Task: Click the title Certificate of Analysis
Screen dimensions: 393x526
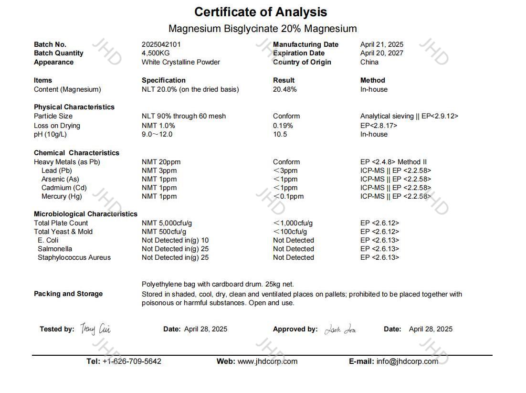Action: (x=261, y=12)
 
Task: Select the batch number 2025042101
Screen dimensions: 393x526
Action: (x=161, y=44)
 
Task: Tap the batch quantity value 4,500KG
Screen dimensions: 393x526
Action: (x=156, y=53)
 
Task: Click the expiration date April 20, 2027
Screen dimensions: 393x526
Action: (x=383, y=53)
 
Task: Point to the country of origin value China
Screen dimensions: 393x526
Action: (x=369, y=62)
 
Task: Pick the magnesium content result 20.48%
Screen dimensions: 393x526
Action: (x=285, y=89)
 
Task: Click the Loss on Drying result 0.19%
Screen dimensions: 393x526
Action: (x=283, y=126)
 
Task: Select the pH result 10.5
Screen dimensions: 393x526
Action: (x=280, y=134)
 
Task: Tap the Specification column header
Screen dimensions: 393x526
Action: (x=164, y=80)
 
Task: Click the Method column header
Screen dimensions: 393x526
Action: (x=373, y=80)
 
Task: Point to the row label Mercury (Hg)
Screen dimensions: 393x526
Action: (x=62, y=196)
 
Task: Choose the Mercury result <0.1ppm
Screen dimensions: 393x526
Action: (x=288, y=196)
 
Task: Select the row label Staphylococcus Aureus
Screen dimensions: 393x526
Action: (x=74, y=257)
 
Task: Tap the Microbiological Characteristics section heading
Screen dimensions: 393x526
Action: (x=85, y=214)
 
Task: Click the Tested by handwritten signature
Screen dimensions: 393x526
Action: (x=95, y=329)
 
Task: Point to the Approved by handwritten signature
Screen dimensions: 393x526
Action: (x=340, y=329)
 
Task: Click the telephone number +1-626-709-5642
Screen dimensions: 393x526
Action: (x=132, y=361)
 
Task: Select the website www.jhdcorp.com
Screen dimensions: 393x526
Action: (x=267, y=361)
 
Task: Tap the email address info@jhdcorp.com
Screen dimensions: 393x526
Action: (x=407, y=361)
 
